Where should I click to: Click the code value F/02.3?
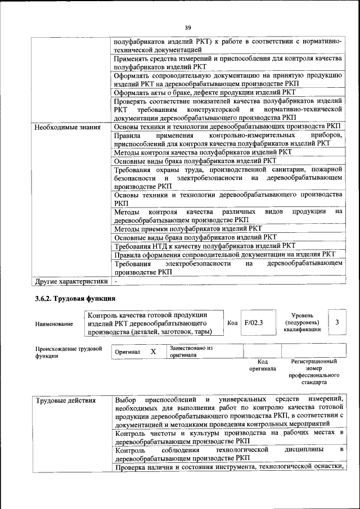(254, 323)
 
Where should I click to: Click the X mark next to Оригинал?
(153, 352)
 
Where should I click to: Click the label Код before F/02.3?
(232, 323)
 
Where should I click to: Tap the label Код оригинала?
(262, 365)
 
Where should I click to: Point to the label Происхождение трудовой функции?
(68, 352)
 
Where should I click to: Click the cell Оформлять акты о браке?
(204, 92)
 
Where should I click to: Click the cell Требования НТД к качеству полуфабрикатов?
(204, 246)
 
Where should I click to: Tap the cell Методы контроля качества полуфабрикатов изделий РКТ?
(202, 152)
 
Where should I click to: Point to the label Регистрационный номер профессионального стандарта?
(314, 371)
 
